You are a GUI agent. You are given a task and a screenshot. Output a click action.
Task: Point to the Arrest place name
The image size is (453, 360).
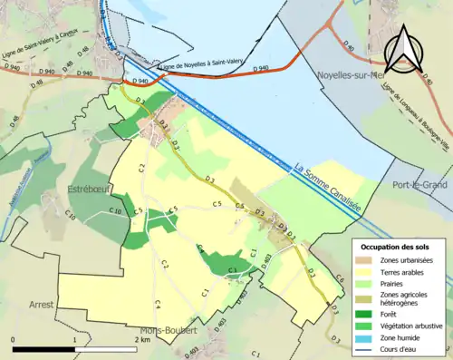42,306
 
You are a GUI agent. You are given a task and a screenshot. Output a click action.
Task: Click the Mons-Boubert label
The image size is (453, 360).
169,331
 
